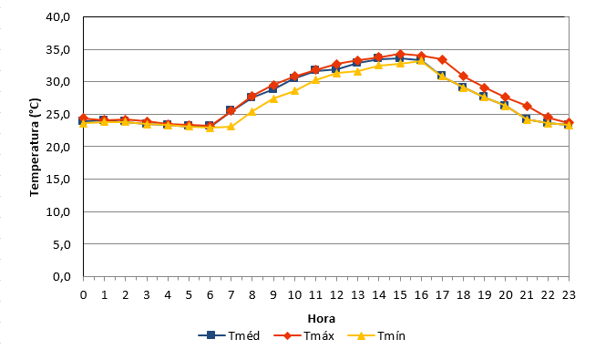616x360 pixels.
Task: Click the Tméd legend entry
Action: point(229,335)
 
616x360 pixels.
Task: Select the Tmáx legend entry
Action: point(303,335)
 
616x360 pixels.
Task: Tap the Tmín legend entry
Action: point(376,335)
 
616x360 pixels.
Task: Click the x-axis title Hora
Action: point(322,318)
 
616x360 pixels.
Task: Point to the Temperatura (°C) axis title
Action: point(35,147)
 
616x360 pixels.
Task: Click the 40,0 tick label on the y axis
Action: point(58,17)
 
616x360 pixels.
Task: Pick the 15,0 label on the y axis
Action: point(58,180)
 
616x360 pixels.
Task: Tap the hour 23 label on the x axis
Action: point(569,294)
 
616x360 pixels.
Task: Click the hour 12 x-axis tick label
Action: point(336,294)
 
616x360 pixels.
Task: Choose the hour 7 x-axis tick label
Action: point(231,294)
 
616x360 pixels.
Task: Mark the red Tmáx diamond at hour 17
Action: point(442,60)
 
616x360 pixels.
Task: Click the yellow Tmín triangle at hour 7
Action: point(231,127)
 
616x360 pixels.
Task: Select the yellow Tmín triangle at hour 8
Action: point(252,111)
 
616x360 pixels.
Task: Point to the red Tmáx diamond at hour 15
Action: point(400,54)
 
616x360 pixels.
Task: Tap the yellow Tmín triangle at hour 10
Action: point(294,91)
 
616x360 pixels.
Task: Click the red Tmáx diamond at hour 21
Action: point(527,106)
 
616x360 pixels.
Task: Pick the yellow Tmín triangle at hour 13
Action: point(357,71)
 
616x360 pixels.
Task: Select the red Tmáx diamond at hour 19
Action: point(485,87)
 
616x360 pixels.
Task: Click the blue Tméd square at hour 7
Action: point(231,109)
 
